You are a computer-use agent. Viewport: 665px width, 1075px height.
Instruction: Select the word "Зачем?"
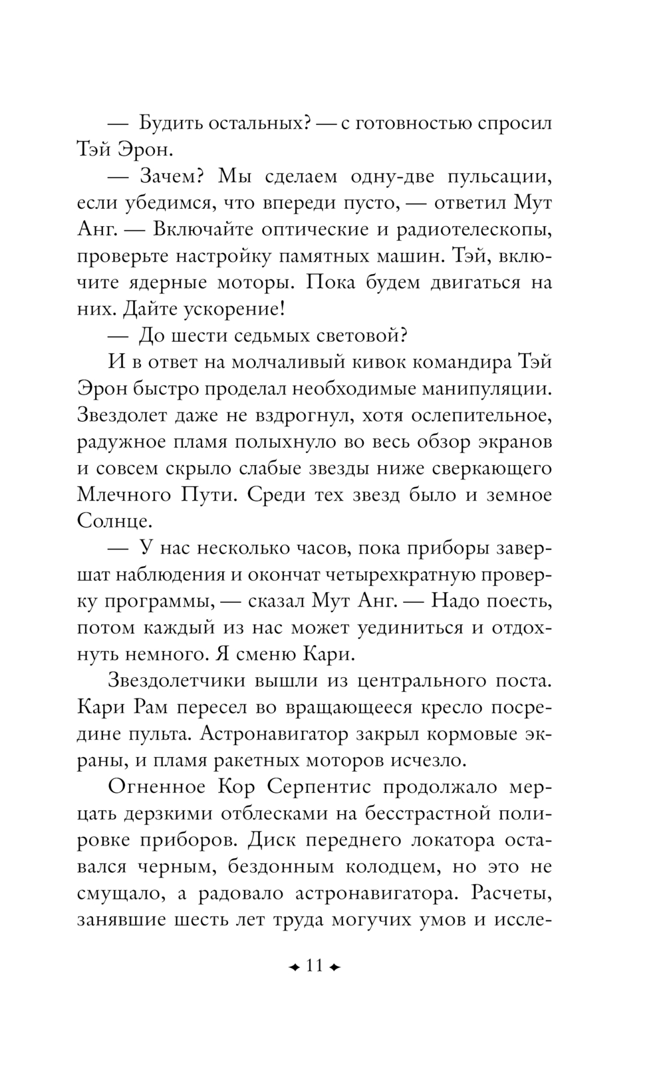click(x=173, y=176)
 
